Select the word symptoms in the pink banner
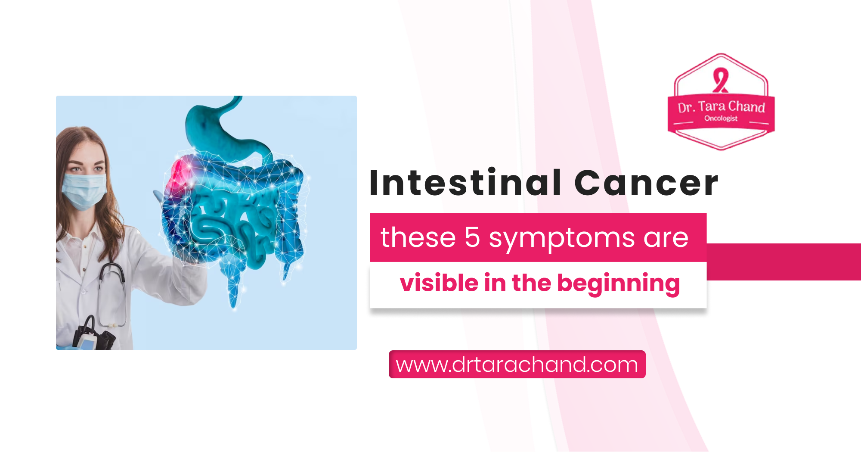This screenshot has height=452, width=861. click(x=561, y=238)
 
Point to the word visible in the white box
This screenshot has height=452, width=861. click(x=439, y=283)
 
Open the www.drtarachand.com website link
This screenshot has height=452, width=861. click(x=517, y=365)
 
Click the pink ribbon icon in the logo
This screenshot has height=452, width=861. click(x=720, y=80)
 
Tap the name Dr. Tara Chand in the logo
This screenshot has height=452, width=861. click(x=721, y=107)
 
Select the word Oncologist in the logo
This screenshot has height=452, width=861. click(x=721, y=118)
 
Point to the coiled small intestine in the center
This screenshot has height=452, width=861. click(x=232, y=220)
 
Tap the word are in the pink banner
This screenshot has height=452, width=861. click(x=666, y=238)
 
